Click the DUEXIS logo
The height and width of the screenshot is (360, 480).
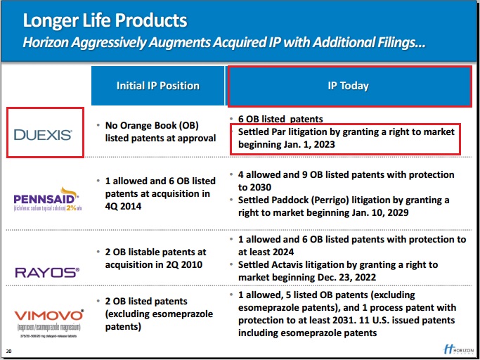(x=44, y=132)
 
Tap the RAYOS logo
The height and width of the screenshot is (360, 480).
(x=46, y=271)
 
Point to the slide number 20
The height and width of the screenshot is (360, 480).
(x=8, y=351)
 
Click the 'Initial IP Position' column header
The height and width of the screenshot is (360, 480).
(x=157, y=86)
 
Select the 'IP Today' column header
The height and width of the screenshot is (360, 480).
(x=348, y=86)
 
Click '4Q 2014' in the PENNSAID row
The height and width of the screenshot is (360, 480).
(x=124, y=206)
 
